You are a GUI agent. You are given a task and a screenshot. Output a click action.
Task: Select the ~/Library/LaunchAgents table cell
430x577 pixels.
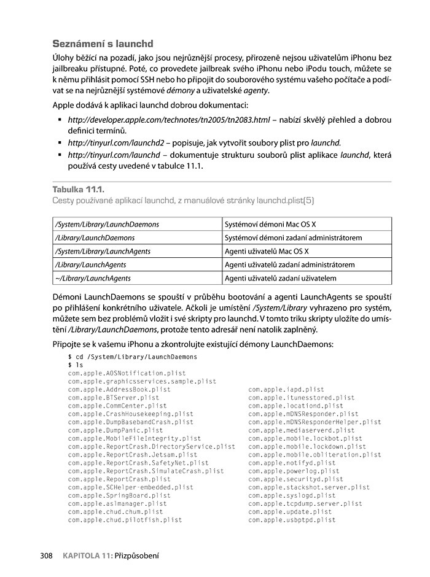click(x=93, y=278)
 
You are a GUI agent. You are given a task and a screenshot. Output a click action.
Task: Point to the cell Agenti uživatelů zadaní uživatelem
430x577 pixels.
click(x=281, y=278)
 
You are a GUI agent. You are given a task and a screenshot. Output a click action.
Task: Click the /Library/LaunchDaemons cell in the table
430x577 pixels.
click(x=95, y=238)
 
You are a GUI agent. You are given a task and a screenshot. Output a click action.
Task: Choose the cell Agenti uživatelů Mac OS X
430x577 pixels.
click(x=267, y=251)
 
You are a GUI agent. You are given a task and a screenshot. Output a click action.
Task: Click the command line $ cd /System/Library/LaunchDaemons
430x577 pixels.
click(x=133, y=356)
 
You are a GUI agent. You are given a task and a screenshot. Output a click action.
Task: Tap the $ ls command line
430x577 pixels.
click(x=75, y=365)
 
